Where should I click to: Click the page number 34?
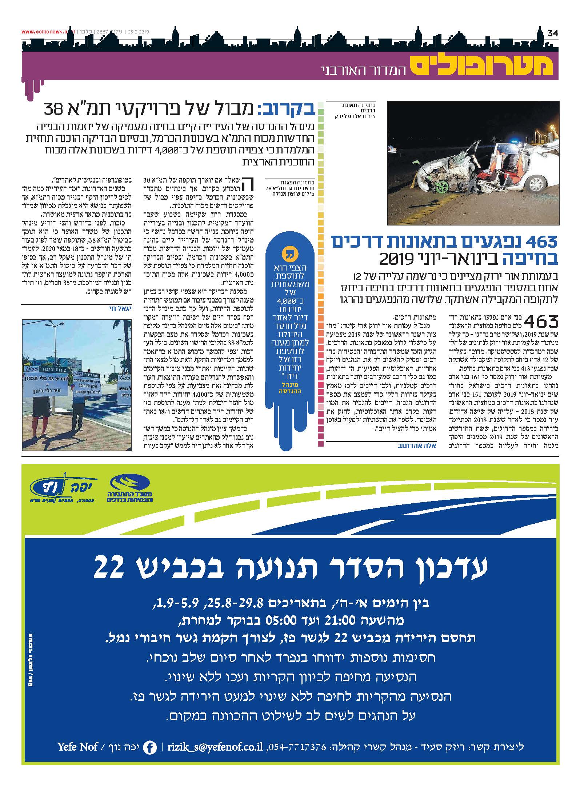552,33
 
